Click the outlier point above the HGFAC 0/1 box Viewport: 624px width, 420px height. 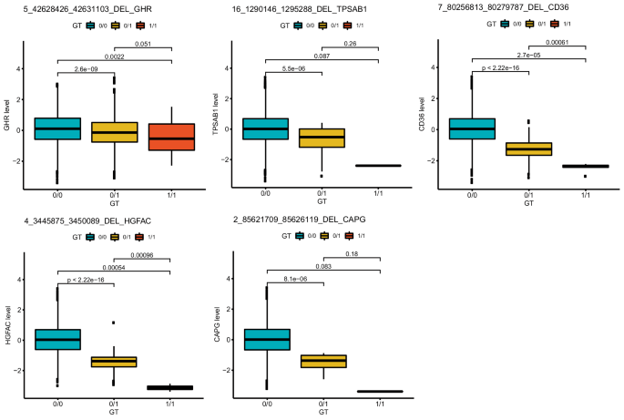tap(114, 323)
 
